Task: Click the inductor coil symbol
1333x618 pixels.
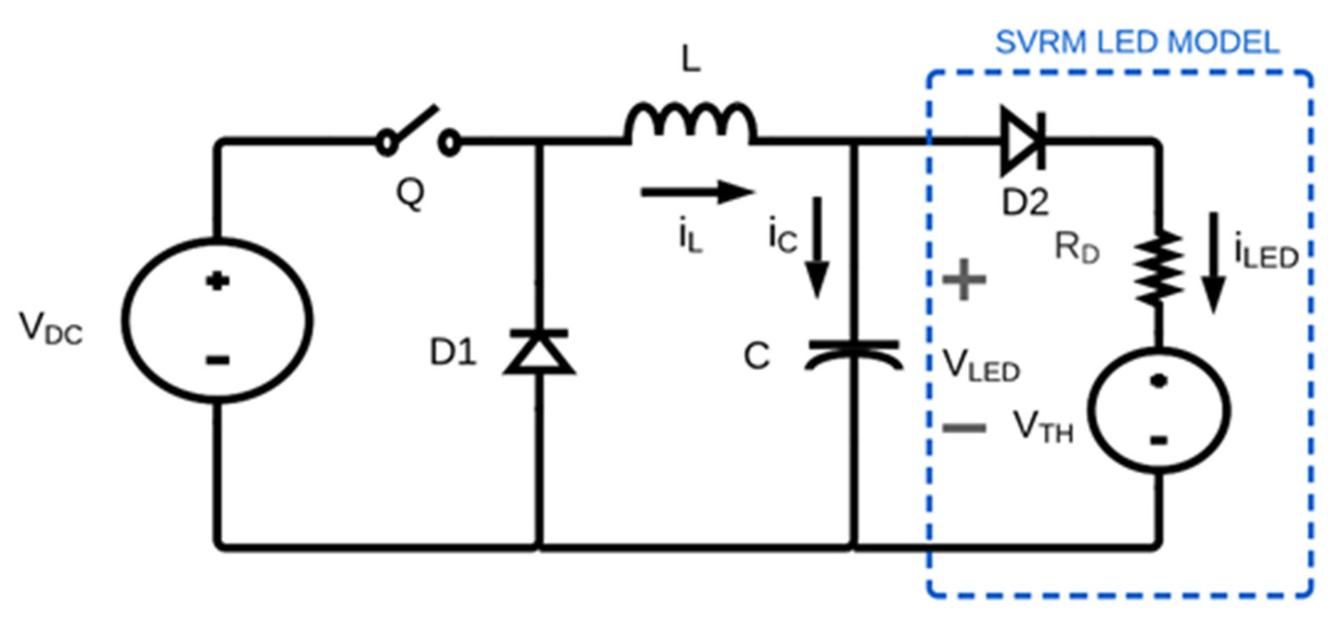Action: (691, 123)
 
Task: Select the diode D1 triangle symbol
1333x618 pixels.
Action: (539, 352)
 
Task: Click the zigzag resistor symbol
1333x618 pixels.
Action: (1159, 266)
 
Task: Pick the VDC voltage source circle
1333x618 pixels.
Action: (217, 320)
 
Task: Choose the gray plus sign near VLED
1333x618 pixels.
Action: (964, 279)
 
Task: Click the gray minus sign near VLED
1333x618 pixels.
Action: (964, 427)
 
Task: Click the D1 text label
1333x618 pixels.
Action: (452, 352)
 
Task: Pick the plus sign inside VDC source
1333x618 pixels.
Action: (217, 281)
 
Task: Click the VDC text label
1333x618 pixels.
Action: (50, 329)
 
